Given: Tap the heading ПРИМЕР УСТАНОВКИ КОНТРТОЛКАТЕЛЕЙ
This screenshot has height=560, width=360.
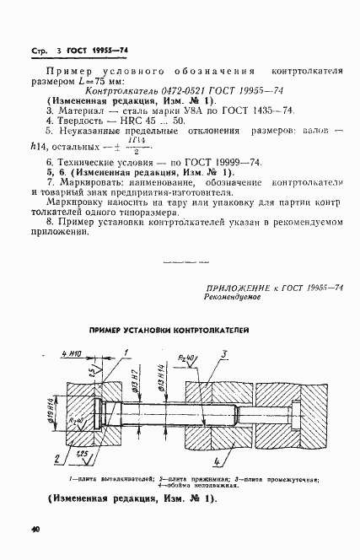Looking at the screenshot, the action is [182, 331].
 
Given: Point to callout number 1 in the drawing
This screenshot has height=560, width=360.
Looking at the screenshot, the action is [126, 353].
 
